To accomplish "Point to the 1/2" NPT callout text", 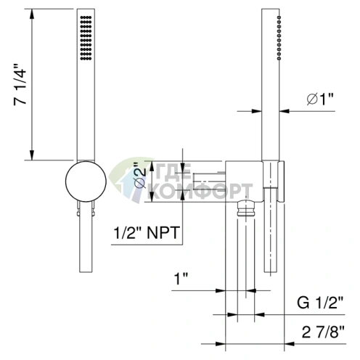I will point(147,234).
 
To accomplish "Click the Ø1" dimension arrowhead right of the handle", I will point(285,111).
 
